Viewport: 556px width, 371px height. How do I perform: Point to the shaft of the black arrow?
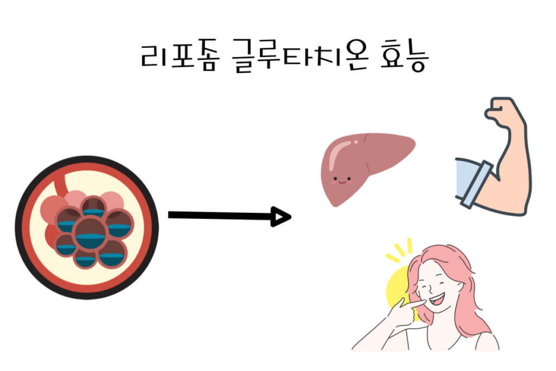tap(217, 216)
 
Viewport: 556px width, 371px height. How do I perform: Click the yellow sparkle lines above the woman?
tap(400, 251)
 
